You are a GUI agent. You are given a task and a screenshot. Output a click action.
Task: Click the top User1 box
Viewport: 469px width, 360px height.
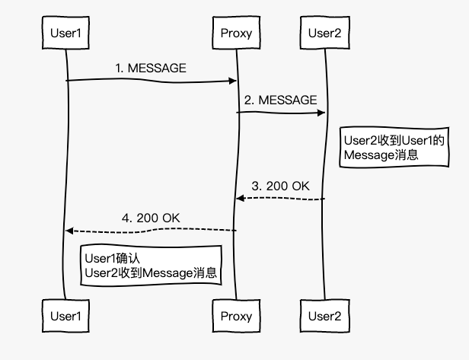[65, 33]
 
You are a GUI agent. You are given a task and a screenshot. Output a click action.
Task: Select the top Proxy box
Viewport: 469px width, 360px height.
[235, 33]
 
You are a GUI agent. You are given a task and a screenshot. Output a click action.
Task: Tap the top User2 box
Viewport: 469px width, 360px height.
[325, 32]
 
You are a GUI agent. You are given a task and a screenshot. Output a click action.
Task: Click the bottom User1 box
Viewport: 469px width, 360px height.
[65, 315]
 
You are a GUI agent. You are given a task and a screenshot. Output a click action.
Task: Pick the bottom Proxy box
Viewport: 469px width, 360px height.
[235, 315]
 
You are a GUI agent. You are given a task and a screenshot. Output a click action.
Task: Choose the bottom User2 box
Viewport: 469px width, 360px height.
[325, 315]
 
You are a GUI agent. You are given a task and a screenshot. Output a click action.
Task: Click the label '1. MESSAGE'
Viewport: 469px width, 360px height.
[151, 68]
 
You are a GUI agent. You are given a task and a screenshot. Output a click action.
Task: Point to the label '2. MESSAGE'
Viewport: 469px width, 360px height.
[280, 100]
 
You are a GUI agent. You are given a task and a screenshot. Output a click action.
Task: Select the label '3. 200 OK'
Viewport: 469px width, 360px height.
[280, 186]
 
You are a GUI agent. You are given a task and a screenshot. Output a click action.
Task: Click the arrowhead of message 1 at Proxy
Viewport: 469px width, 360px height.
[232, 80]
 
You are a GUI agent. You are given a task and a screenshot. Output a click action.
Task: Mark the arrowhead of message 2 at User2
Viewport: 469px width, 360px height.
[321, 113]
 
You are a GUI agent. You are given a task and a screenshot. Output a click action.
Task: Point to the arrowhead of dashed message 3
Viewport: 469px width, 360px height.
[239, 198]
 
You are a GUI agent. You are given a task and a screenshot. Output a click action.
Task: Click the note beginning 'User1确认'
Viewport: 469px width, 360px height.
[152, 266]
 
